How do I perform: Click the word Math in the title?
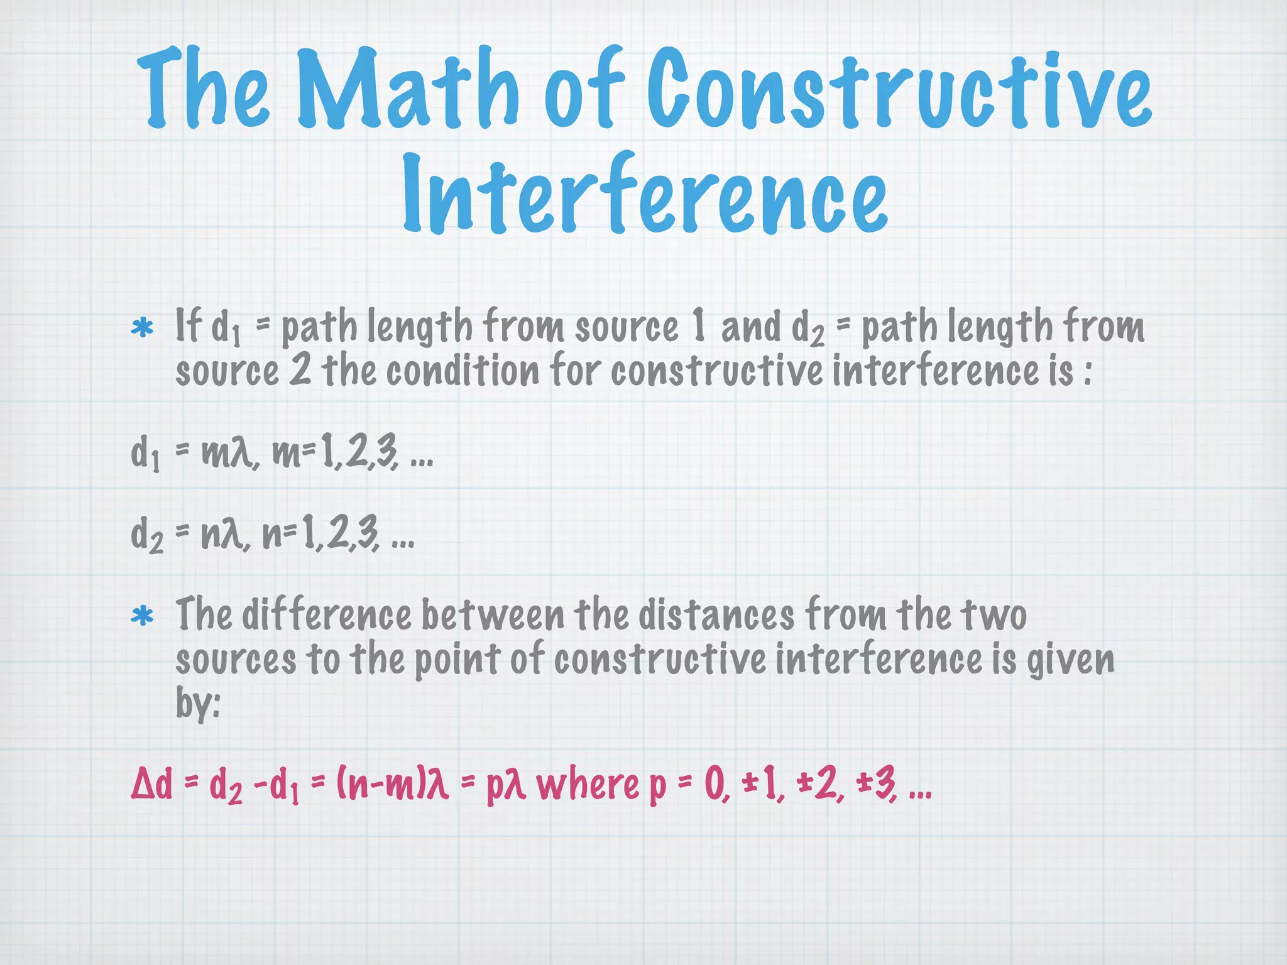[407, 89]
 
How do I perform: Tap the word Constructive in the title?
[899, 89]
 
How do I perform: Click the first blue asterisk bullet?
[142, 329]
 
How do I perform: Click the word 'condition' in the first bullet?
[463, 371]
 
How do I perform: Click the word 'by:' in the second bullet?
[197, 704]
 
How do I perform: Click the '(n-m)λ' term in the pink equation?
[393, 785]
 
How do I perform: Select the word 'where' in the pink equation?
[588, 785]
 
